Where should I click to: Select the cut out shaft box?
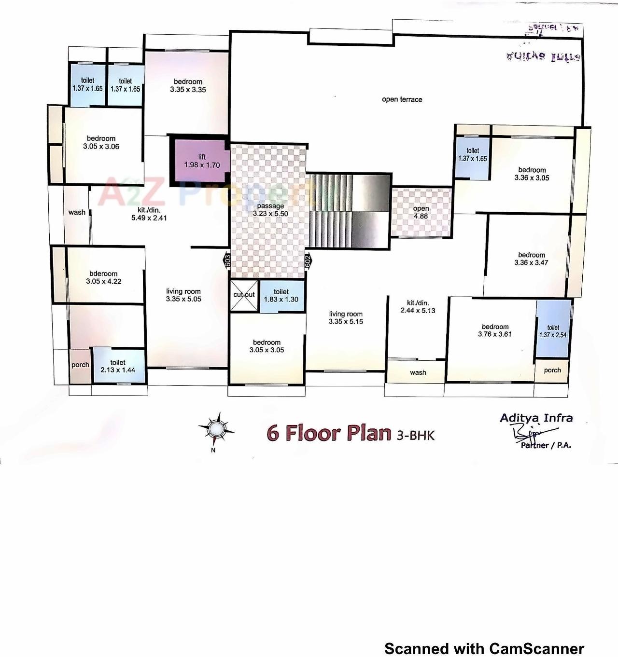(244, 295)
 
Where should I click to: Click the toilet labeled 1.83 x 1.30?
(281, 296)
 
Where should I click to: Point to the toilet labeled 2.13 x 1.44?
(118, 366)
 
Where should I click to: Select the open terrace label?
(402, 99)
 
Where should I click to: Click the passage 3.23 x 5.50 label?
(270, 210)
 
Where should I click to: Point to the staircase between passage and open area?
(349, 211)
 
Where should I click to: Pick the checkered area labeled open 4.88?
(421, 212)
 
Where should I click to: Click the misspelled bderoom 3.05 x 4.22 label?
(103, 277)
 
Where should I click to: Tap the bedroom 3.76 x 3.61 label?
(495, 330)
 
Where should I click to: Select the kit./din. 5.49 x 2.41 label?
(149, 214)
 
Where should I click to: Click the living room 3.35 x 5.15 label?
(346, 317)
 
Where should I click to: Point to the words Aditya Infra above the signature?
(536, 418)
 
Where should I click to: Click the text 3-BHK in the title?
(415, 435)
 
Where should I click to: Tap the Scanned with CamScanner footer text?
(484, 648)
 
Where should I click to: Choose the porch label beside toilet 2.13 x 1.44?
(80, 365)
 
